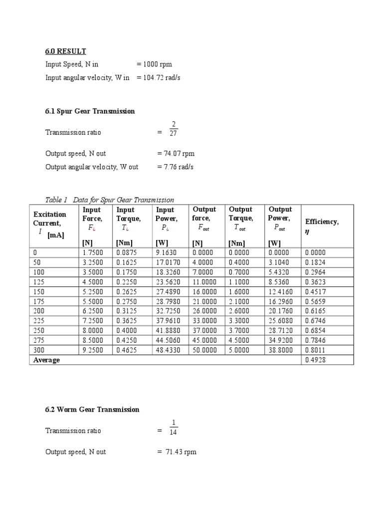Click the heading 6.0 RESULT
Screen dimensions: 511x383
[x=65, y=51]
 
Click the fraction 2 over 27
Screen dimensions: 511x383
[x=173, y=129]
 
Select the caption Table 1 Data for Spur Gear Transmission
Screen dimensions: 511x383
[x=110, y=200]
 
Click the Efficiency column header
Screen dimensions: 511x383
[x=322, y=225]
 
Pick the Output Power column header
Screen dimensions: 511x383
[x=280, y=218]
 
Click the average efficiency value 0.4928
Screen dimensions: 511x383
[x=315, y=360]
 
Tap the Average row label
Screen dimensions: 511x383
[x=46, y=360]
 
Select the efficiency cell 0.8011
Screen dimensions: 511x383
[x=315, y=351]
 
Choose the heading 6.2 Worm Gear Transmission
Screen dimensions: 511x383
[x=92, y=409]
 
